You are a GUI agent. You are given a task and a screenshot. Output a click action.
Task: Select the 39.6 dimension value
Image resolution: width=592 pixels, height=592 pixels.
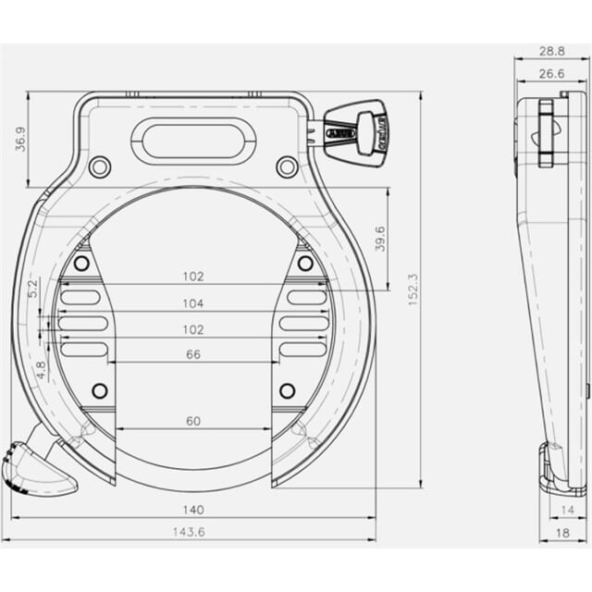(378, 238)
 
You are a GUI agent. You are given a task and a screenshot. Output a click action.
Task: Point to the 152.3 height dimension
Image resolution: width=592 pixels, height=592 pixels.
(412, 288)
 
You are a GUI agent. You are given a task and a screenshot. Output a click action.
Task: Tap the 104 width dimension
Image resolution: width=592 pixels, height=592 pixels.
(193, 302)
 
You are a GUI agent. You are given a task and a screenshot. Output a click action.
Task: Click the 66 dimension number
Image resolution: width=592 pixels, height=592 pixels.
(193, 354)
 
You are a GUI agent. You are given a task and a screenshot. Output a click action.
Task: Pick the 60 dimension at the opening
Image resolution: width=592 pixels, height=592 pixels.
(193, 421)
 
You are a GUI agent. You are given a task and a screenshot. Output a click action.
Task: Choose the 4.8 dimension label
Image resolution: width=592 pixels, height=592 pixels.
(41, 369)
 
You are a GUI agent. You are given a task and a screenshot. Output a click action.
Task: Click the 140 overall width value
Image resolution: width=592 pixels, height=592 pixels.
(193, 508)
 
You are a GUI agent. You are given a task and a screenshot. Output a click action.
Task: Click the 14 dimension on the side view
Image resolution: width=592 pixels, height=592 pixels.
(567, 509)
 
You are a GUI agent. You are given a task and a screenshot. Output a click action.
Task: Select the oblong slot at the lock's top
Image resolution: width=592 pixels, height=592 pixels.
(193, 141)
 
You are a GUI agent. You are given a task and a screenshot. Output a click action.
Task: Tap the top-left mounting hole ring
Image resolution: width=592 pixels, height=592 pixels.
(99, 167)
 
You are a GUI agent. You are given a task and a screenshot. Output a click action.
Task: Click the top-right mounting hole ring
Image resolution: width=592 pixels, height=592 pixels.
(288, 167)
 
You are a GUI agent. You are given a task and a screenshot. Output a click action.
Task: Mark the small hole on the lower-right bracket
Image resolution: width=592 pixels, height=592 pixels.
(288, 390)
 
